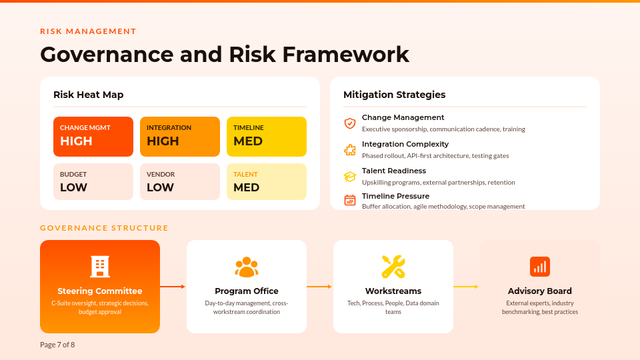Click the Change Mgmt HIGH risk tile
coord(93,137)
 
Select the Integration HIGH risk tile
coord(180,137)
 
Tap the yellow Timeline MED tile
coord(267,137)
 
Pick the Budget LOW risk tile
coord(93,181)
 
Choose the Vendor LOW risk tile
coord(180,181)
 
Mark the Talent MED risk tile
coord(267,181)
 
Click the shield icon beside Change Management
coord(350,123)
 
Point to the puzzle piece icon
coord(350,150)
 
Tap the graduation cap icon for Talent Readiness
coord(350,177)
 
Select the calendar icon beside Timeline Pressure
coord(350,200)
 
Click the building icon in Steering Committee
coord(100,267)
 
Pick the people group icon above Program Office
coord(247,267)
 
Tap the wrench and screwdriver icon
coord(393,267)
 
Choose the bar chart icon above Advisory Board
coord(540,267)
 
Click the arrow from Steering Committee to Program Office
coord(173,287)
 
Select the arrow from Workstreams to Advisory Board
coord(467,287)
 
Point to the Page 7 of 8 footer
coord(57,345)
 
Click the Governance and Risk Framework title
coord(225,54)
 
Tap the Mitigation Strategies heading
coord(394,95)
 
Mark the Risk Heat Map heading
coord(88,95)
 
